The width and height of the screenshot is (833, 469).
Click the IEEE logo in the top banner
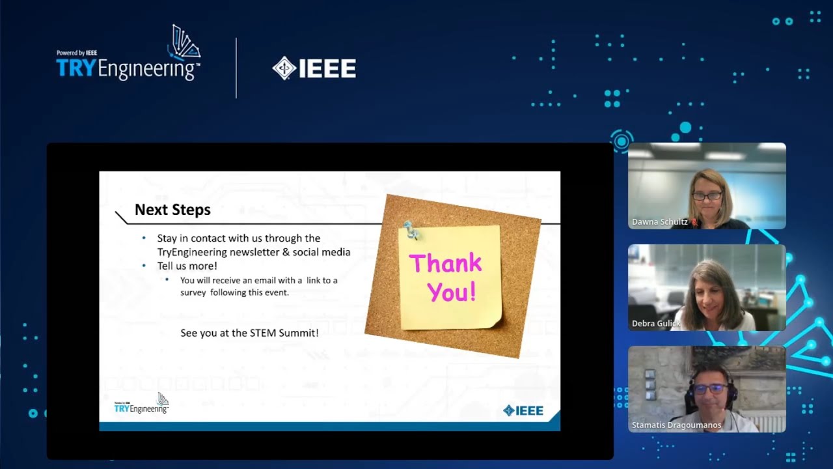click(314, 68)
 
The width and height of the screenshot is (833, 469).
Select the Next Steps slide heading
click(172, 210)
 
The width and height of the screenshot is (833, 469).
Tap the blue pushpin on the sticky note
click(411, 229)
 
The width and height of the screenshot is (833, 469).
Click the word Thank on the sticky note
click(445, 264)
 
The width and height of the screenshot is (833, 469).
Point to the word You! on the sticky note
click(452, 292)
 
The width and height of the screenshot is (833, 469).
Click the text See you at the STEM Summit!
click(249, 333)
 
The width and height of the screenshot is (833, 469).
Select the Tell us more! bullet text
click(187, 266)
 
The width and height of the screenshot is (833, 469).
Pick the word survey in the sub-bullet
click(193, 292)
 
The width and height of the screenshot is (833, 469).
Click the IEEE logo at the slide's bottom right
click(523, 410)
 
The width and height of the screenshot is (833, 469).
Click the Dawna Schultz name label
click(659, 222)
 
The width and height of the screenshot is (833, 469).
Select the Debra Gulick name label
click(656, 324)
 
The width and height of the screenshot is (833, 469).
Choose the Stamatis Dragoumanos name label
click(676, 425)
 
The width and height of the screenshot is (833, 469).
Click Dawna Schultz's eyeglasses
click(707, 195)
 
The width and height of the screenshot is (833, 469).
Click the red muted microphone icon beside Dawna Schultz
click(694, 222)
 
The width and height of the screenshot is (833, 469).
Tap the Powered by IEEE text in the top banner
click(77, 53)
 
